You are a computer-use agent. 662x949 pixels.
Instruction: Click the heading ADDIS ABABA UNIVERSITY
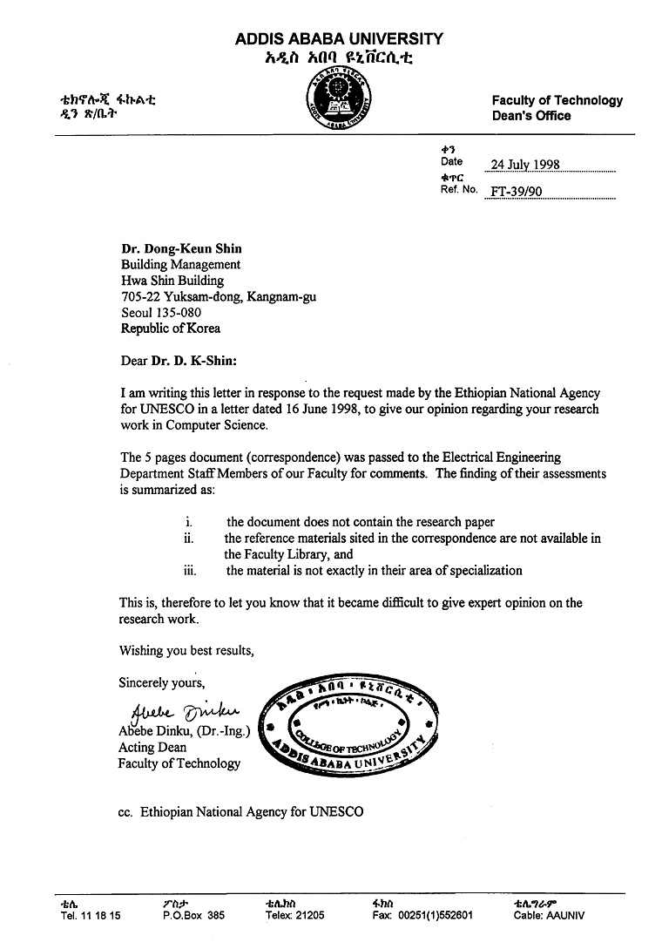pos(339,39)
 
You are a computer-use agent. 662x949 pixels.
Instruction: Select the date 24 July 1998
pos(524,165)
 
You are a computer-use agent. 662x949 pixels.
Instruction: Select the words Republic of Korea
pos(170,329)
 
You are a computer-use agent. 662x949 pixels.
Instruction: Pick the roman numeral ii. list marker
pos(188,539)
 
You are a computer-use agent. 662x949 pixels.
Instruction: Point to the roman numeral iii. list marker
pos(190,571)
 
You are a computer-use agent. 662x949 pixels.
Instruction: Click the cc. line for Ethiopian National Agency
pos(240,812)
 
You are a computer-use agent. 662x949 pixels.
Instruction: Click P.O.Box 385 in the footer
pos(193,916)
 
